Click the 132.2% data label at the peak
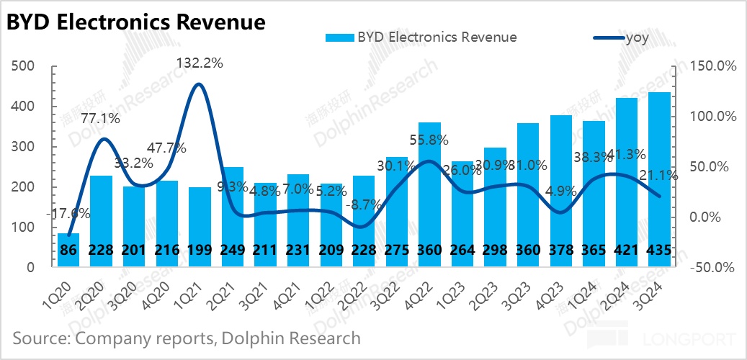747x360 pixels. tap(200, 63)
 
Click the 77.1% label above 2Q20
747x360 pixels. tap(100, 118)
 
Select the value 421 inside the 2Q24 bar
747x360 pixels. tap(626, 251)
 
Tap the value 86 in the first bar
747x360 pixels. tap(68, 251)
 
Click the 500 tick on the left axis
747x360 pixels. tap(24, 67)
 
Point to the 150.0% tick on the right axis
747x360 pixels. tap(710, 67)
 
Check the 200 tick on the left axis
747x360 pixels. tap(24, 187)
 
